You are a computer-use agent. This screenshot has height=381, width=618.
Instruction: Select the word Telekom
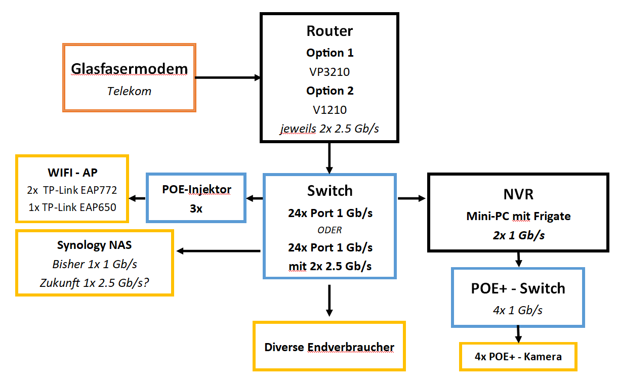click(x=129, y=91)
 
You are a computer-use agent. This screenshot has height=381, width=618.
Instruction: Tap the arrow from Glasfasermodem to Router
click(x=228, y=78)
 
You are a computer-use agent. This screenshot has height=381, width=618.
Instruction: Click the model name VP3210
click(x=329, y=72)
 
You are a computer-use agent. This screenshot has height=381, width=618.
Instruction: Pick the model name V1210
click(x=329, y=109)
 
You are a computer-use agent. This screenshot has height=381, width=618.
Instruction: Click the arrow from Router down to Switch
click(x=329, y=157)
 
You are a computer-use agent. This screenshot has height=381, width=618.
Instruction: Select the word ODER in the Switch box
click(x=329, y=230)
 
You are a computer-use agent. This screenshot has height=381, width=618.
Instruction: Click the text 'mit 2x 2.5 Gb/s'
click(x=329, y=265)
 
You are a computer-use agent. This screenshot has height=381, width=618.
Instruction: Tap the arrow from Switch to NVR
click(x=411, y=198)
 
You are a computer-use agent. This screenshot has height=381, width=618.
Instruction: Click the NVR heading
click(x=518, y=195)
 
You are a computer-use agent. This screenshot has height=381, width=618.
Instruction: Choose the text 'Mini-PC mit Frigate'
click(x=518, y=217)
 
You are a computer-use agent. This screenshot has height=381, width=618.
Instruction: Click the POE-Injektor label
click(x=196, y=190)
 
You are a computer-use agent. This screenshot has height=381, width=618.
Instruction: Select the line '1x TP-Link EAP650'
click(x=72, y=207)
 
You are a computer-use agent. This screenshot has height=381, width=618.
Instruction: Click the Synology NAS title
click(x=95, y=245)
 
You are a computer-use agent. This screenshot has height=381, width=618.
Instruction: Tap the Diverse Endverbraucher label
click(x=329, y=347)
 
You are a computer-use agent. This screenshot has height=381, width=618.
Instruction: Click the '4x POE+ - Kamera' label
click(x=518, y=356)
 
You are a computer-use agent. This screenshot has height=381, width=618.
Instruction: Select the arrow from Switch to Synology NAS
click(x=218, y=250)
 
